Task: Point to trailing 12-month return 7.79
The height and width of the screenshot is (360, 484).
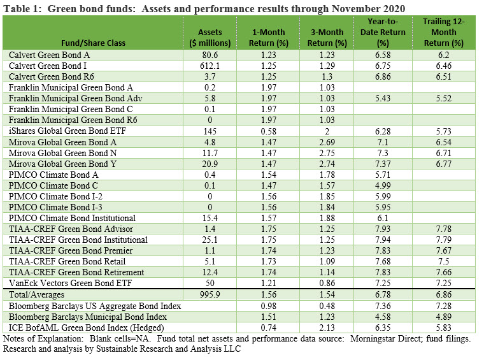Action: tap(444, 240)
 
